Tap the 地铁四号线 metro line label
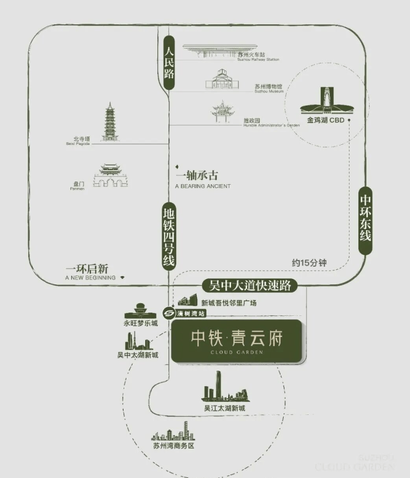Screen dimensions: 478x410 point(169,236)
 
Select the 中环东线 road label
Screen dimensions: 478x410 point(366,220)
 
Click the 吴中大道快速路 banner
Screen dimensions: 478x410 point(250,285)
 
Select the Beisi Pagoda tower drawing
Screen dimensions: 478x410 point(110,122)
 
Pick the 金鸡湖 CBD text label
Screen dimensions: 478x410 point(326,119)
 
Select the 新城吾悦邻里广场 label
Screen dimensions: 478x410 point(228,303)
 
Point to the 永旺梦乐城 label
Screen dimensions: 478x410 point(140,323)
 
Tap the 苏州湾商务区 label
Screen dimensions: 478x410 point(173,446)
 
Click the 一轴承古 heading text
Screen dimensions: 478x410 point(197,176)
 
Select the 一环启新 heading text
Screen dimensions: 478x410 point(89,268)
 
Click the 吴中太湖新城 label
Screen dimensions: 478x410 point(137,355)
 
